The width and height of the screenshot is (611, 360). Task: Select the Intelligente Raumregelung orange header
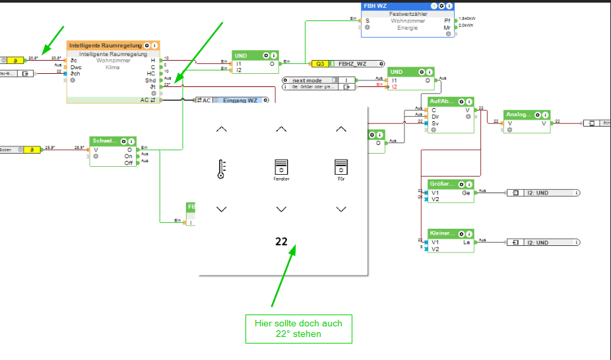(105, 45)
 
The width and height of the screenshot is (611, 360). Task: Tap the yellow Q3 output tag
(320, 64)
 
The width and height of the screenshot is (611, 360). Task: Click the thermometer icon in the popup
(221, 169)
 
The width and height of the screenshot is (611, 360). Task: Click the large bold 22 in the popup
(282, 242)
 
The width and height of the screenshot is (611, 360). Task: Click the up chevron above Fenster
(281, 129)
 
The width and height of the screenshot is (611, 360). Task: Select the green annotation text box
(298, 328)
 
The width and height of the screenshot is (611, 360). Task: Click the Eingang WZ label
(241, 100)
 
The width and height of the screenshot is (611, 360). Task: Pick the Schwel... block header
(106, 140)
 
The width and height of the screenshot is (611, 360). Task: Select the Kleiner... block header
(442, 233)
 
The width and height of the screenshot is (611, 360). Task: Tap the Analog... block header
(518, 114)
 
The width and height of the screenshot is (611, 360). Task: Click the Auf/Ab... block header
(442, 101)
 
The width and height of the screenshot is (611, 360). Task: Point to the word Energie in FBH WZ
(407, 28)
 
